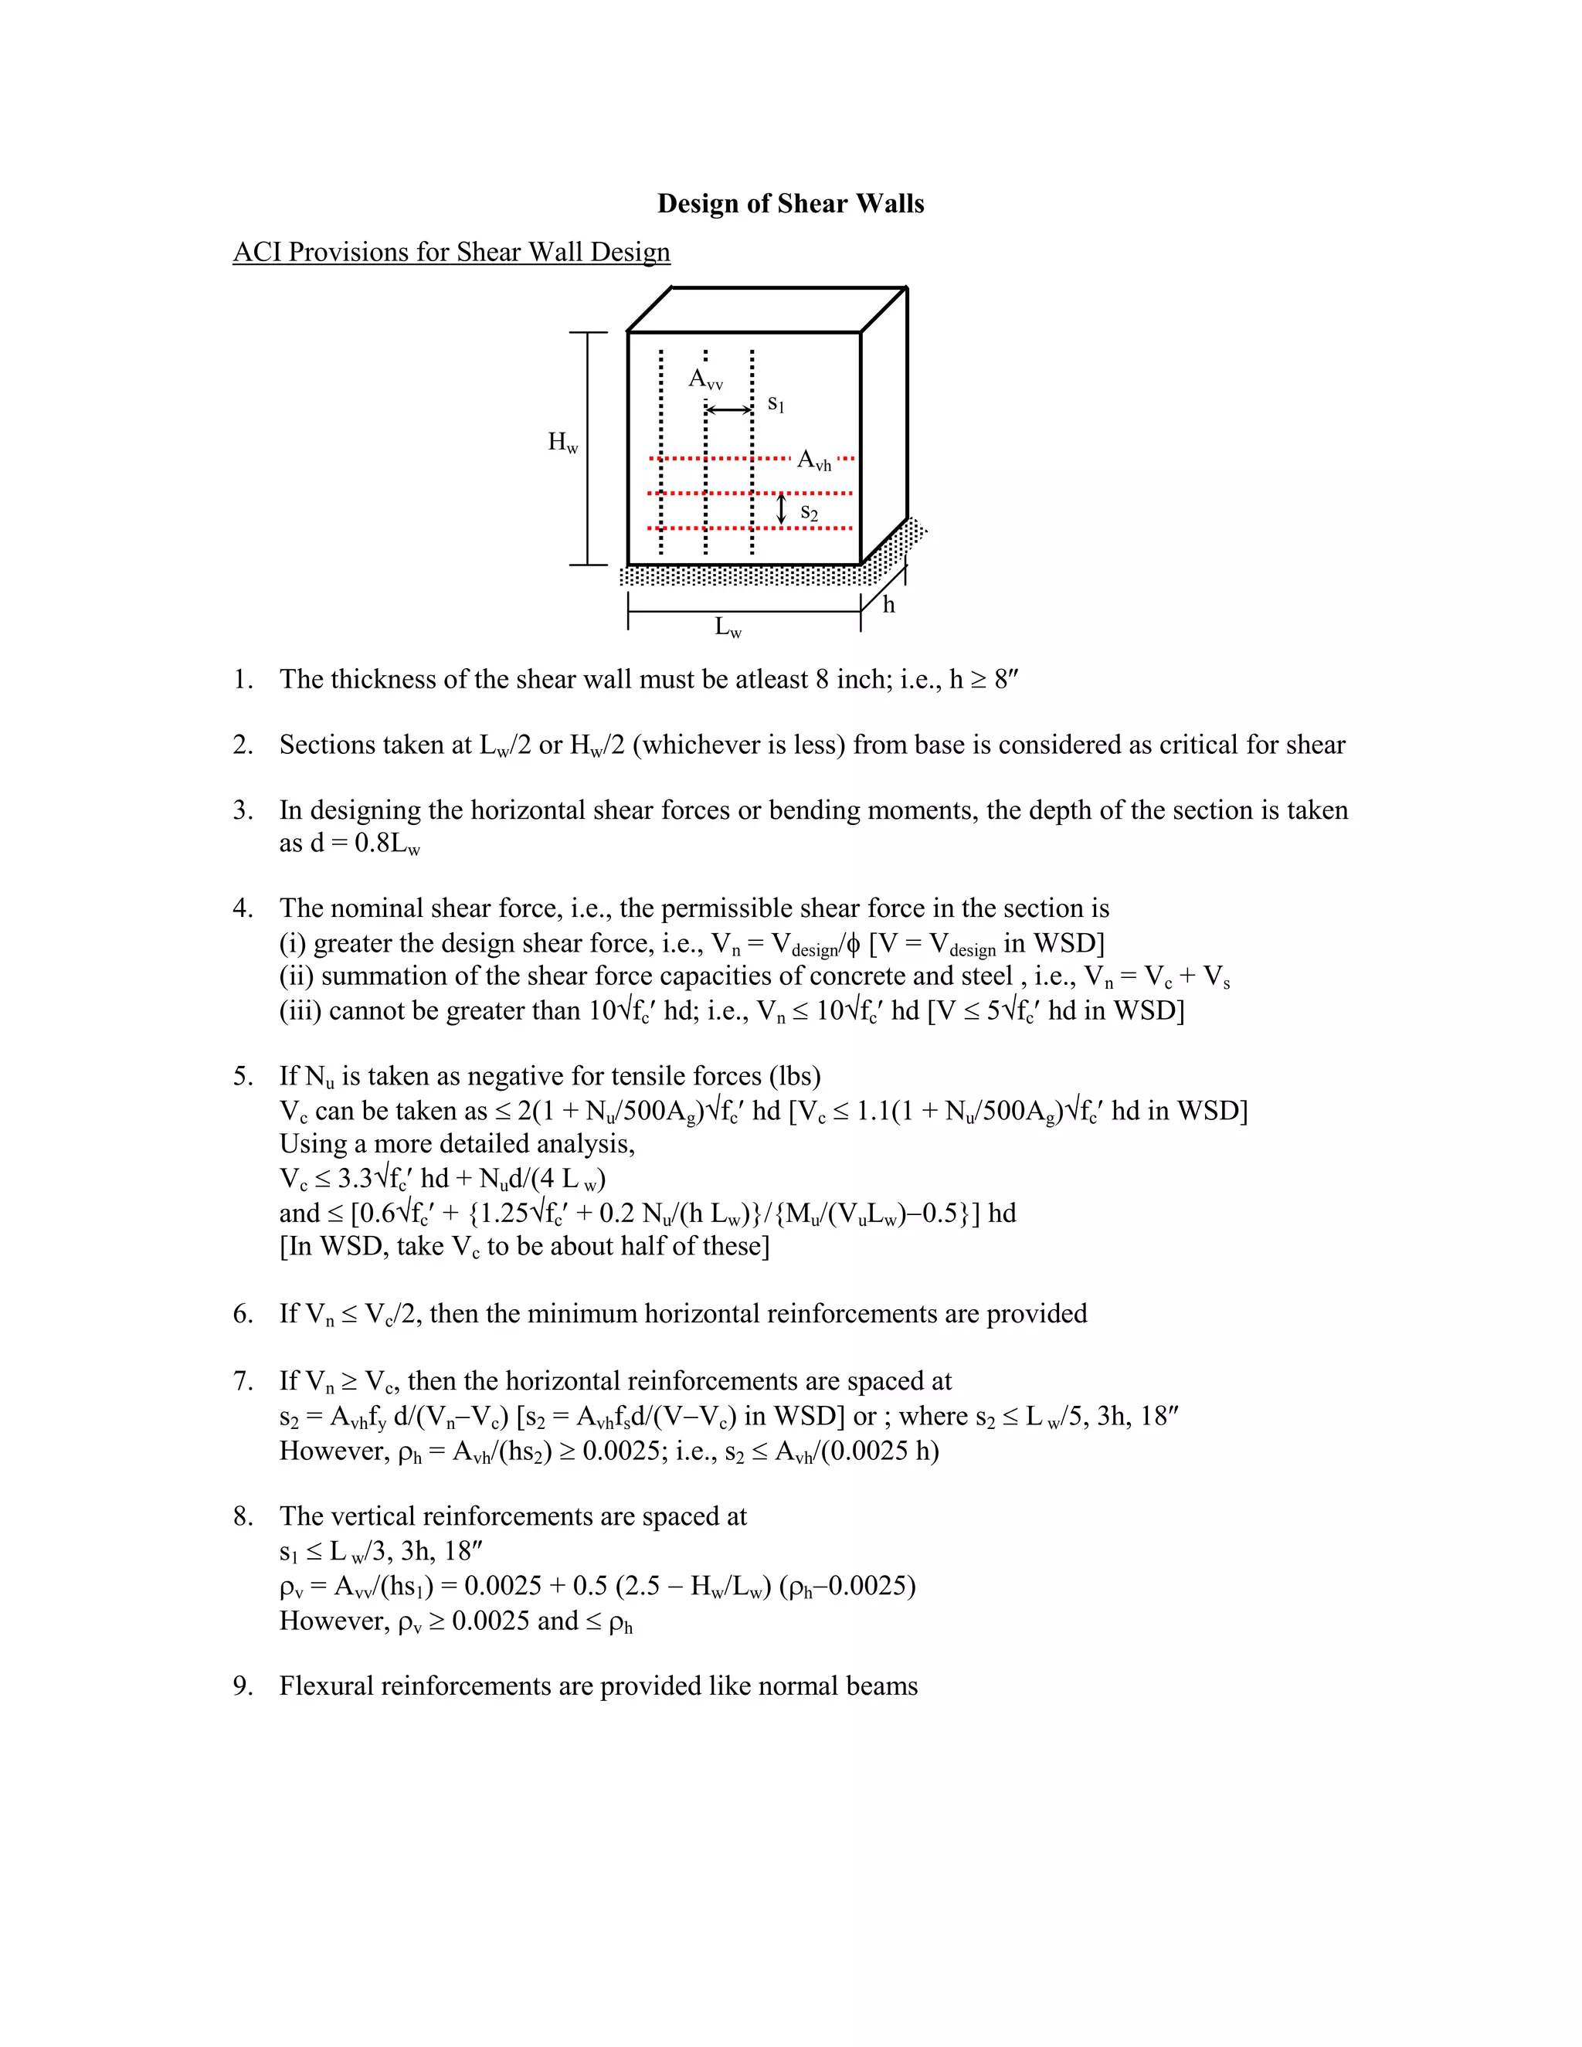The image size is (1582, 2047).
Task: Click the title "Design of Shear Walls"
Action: [790, 203]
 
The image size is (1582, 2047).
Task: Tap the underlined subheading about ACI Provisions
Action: [451, 252]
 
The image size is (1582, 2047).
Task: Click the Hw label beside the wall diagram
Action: [562, 443]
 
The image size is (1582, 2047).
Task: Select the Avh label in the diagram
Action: [813, 460]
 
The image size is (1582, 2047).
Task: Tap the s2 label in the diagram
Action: [809, 514]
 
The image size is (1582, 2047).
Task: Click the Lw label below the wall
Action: [728, 627]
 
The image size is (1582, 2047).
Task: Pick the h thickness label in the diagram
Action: [888, 606]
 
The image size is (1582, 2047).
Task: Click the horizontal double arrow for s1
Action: [729, 409]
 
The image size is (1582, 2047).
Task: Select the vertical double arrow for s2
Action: [782, 510]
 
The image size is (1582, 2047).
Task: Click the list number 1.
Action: [243, 680]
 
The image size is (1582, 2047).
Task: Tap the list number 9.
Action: [243, 1686]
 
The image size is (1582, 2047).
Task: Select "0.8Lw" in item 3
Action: [387, 844]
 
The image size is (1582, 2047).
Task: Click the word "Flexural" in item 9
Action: [326, 1686]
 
